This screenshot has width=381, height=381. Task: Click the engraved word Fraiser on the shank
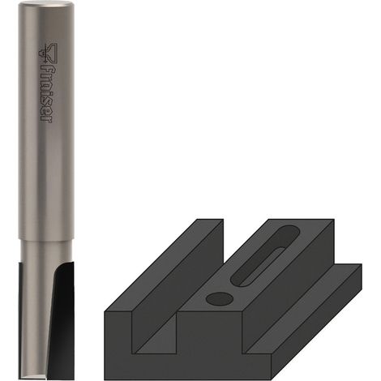click(x=48, y=95)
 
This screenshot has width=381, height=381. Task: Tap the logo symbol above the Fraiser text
click(x=48, y=54)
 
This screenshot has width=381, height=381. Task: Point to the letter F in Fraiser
click(x=48, y=71)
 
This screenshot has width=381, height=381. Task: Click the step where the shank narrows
click(x=46, y=239)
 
